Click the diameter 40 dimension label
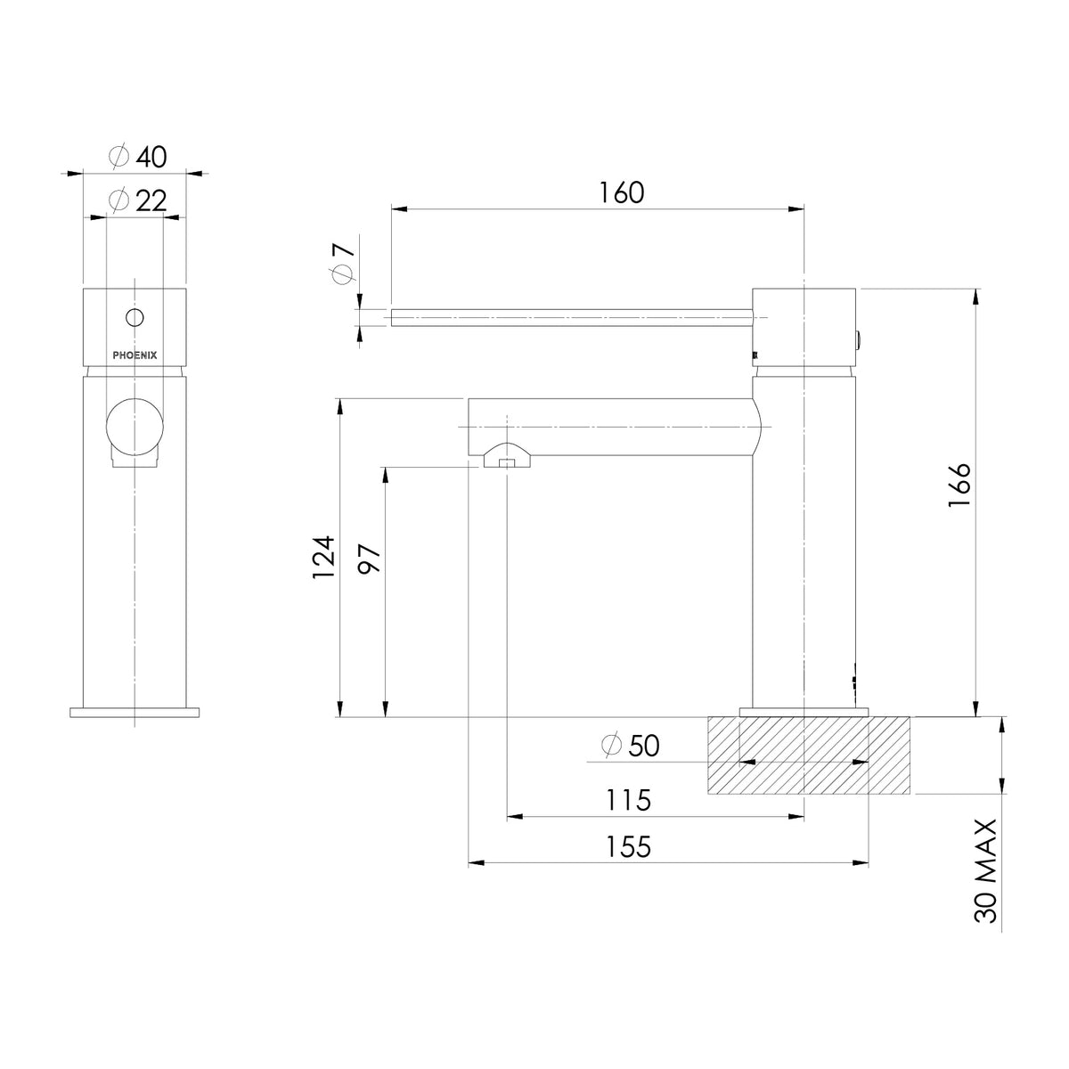(x=138, y=157)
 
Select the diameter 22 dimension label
(x=138, y=200)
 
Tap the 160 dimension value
(x=621, y=193)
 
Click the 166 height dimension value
(x=959, y=485)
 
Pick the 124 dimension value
(x=323, y=558)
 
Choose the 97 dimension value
(x=370, y=559)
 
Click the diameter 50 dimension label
(x=630, y=747)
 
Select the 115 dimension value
(x=627, y=800)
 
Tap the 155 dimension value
(x=627, y=846)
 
